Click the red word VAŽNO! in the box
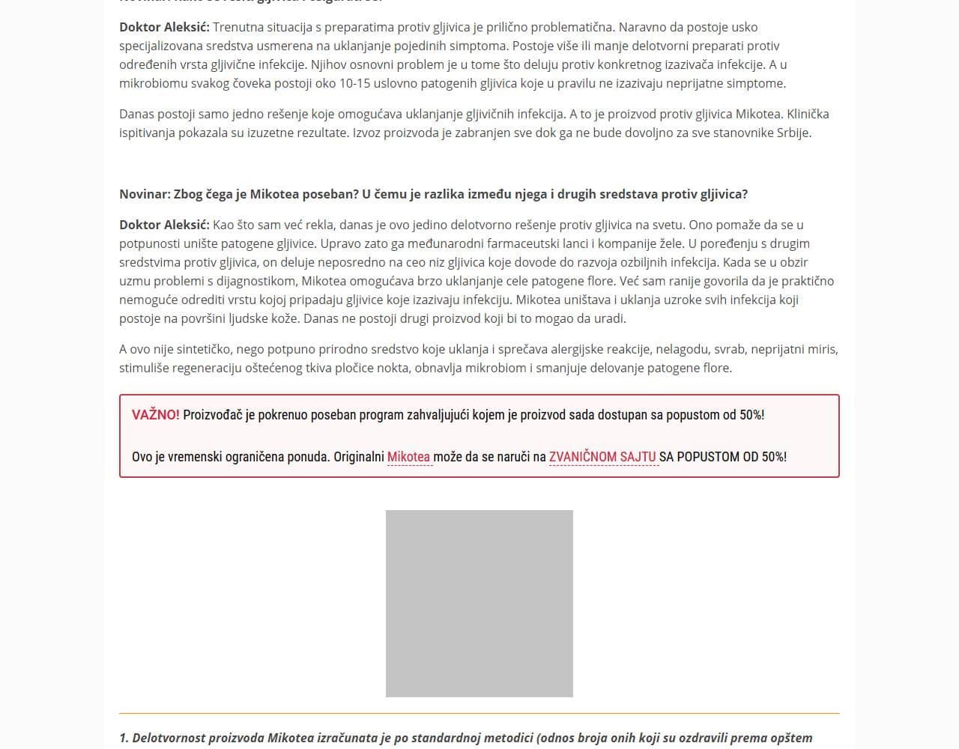[x=155, y=415]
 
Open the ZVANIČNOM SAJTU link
[x=602, y=457]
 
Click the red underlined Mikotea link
[x=408, y=457]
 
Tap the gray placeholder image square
[x=479, y=604]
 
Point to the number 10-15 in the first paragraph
[x=358, y=83]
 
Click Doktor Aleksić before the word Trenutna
[x=164, y=27]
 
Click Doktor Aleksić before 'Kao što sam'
[x=164, y=225]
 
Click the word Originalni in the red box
[x=358, y=457]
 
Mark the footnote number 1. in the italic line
[x=124, y=738]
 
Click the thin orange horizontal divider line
[x=479, y=713]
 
